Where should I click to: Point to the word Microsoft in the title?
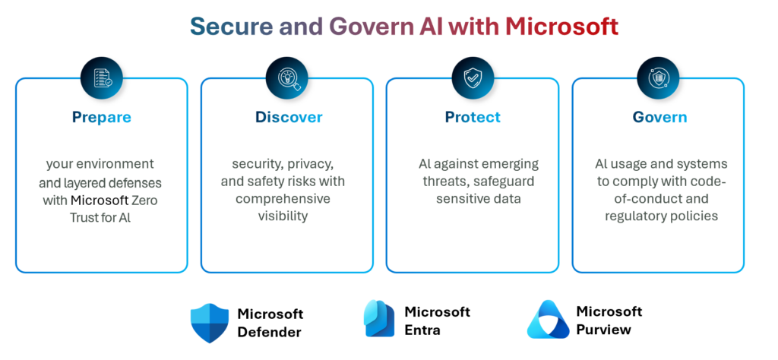[x=562, y=27]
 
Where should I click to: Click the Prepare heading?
[x=101, y=117]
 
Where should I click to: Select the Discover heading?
[x=288, y=117]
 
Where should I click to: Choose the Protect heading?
[x=473, y=117]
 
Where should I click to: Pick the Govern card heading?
[x=659, y=117]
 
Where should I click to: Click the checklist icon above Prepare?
[x=101, y=77]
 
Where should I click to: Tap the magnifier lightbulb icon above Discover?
[x=287, y=77]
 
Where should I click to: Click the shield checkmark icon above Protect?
[x=473, y=77]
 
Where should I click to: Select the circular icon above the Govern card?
[x=658, y=77]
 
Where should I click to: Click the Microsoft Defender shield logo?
[x=209, y=322]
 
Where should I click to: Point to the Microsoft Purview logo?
[x=547, y=320]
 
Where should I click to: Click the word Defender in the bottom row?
[x=269, y=332]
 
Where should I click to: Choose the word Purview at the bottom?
[x=604, y=330]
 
